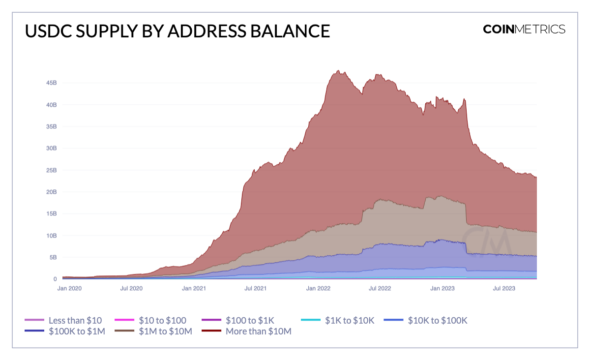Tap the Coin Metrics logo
(524, 29)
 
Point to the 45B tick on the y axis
(52, 83)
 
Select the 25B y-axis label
(52, 170)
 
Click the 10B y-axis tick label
(52, 236)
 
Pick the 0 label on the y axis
(55, 279)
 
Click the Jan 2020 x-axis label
(69, 289)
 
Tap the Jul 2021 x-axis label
(256, 289)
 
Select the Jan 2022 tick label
(318, 289)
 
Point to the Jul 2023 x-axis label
(504, 289)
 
